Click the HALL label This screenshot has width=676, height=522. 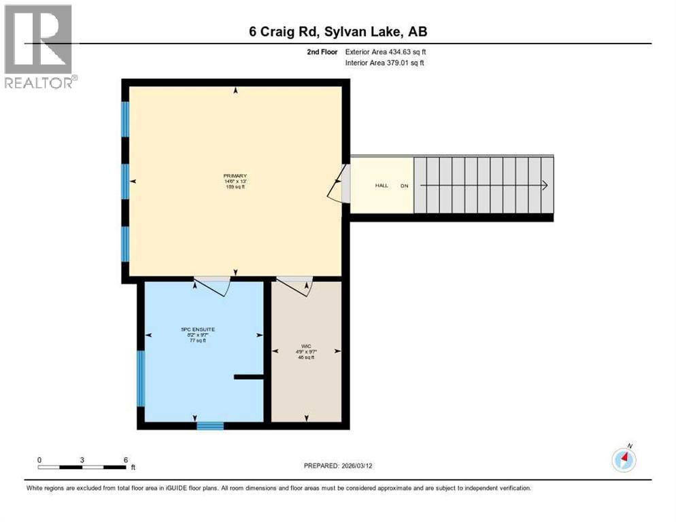pos(382,186)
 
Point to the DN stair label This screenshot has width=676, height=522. pos(404,186)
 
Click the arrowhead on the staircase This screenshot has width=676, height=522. pos(545,185)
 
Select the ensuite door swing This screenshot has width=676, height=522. pos(212,285)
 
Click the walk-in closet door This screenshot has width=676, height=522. pos(294,285)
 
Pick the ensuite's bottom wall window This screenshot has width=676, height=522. pos(210,425)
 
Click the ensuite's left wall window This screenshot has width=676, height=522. pos(141,379)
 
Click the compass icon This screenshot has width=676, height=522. pos(624,459)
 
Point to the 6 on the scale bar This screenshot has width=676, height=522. pos(126,459)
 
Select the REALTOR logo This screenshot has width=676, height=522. pos(39,46)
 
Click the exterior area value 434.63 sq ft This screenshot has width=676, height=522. pos(405,52)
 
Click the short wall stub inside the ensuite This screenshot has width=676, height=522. pos(249,376)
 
